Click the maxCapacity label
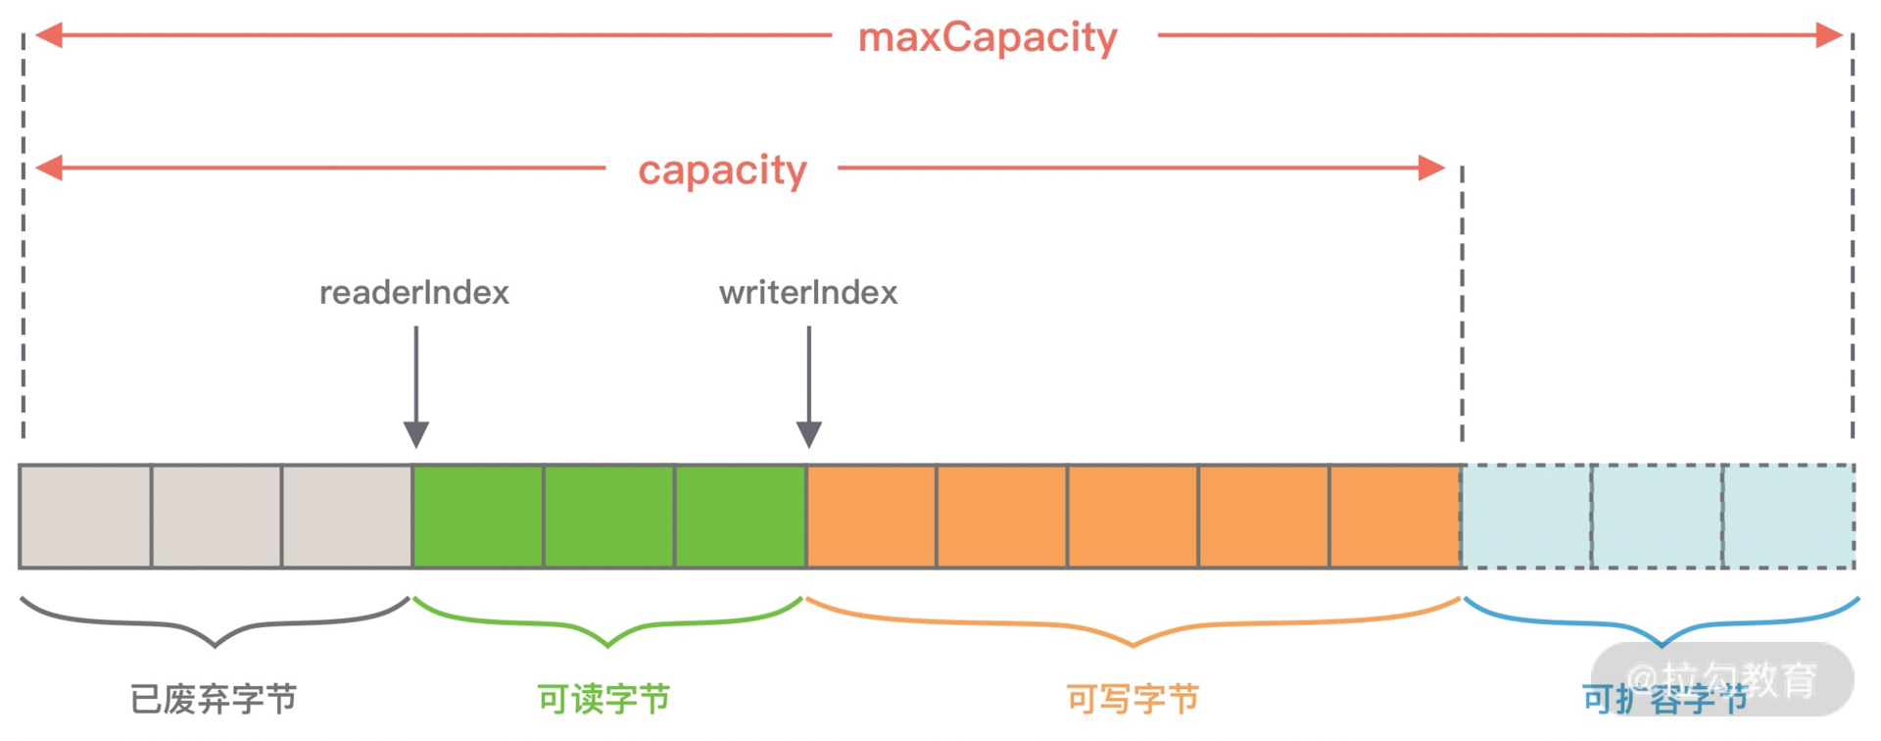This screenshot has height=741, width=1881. [988, 38]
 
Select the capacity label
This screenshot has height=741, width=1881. [722, 170]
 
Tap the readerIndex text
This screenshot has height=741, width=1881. [414, 292]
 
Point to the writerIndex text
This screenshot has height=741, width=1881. [808, 292]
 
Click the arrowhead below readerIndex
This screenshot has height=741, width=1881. [416, 434]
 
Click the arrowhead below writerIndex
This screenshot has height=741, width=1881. [809, 434]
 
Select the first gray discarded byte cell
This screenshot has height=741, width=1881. [85, 517]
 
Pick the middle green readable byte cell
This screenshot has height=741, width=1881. [608, 517]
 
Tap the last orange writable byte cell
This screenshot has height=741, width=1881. [1395, 517]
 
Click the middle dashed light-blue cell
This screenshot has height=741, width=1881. [1657, 517]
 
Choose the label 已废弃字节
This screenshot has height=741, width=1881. [214, 699]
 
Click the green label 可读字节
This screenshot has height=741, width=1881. [604, 699]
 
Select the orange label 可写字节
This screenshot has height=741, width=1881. [1133, 699]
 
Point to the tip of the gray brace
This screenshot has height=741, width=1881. [215, 645]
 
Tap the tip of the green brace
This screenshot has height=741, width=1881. [607, 645]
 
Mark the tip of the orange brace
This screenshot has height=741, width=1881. [1133, 645]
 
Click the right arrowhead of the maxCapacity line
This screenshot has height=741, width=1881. [1828, 35]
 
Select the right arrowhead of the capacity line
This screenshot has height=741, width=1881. [1431, 168]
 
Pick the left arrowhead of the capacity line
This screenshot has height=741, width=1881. [49, 168]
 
